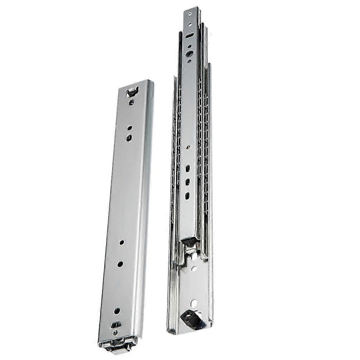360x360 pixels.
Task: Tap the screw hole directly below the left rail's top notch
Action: (x=131, y=102)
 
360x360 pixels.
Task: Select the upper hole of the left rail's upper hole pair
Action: (x=129, y=128)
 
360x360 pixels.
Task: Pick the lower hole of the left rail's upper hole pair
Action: (x=129, y=137)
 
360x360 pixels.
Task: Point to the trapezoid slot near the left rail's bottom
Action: (x=116, y=325)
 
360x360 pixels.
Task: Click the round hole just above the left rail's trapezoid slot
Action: (x=117, y=311)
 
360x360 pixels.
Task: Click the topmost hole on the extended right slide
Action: (x=190, y=15)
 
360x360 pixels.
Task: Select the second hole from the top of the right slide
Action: (x=190, y=25)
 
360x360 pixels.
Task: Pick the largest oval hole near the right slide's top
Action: (x=189, y=54)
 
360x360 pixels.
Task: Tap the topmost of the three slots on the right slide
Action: (x=188, y=169)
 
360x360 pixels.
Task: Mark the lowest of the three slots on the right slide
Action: (x=188, y=196)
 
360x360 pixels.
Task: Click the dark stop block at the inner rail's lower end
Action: (x=189, y=242)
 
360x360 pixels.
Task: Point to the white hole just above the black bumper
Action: (x=193, y=304)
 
